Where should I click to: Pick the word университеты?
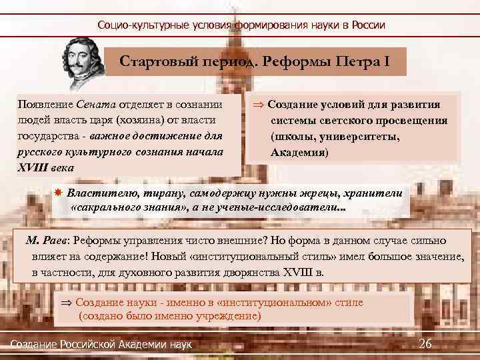pos(361,137)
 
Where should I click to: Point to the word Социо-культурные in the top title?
pos(137,25)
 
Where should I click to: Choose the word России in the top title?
pos(366,25)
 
